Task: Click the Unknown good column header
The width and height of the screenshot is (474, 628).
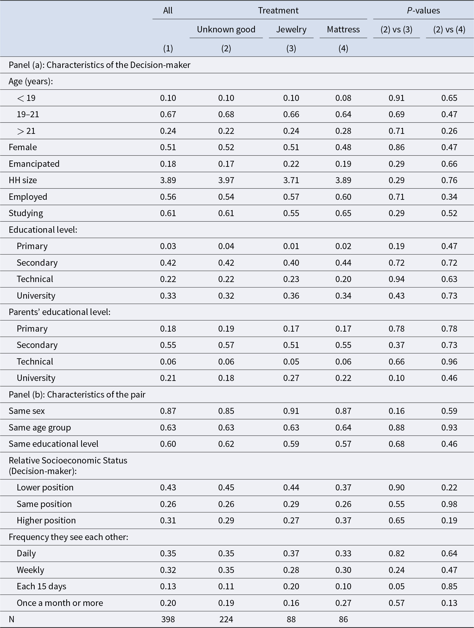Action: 226,30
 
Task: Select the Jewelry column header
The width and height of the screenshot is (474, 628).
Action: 291,30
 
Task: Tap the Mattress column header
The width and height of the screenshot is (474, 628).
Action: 343,30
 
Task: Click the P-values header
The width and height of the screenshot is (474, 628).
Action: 423,11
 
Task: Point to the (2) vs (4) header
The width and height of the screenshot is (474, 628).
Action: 449,30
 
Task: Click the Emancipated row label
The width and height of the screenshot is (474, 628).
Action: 34,164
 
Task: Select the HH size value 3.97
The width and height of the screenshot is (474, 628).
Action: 226,180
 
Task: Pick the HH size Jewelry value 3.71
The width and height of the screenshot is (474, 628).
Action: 291,180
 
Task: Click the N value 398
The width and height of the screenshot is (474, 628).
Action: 168,619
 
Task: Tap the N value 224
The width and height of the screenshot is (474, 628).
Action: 226,619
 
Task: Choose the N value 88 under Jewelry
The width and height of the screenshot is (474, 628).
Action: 291,619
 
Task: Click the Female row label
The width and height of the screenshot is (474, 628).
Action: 23,147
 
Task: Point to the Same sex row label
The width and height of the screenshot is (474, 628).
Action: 27,411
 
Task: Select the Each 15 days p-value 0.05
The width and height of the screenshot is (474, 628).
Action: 396,586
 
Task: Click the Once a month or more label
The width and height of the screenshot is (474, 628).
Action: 60,603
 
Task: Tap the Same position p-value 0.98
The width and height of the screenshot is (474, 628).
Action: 449,504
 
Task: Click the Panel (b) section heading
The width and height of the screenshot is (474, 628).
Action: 77,395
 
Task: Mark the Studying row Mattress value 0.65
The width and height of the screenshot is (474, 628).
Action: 343,213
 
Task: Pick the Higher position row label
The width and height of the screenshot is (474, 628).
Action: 46,521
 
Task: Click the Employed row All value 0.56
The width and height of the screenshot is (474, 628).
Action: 168,197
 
